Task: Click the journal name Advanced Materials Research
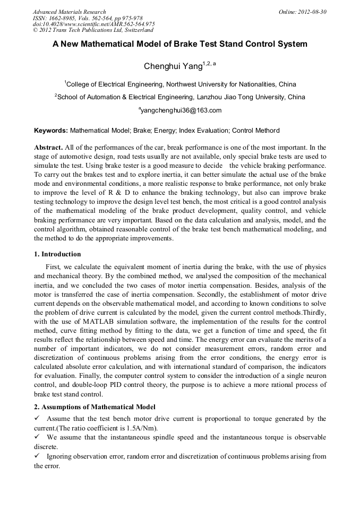click(69, 12)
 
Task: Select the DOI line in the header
click(93, 24)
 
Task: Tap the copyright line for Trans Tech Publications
click(93, 30)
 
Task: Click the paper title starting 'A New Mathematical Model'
click(179, 45)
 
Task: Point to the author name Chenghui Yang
click(173, 66)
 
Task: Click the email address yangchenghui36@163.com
click(181, 110)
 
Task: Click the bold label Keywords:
click(51, 130)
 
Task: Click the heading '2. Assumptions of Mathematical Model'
click(95, 407)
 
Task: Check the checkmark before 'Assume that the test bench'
click(37, 419)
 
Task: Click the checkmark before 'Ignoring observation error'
click(37, 456)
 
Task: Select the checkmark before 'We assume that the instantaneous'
click(37, 437)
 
